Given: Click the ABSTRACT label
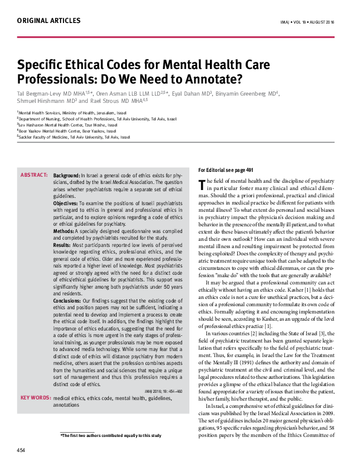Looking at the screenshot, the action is tap(34, 174).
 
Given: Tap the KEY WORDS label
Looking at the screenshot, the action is tap(34, 398).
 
